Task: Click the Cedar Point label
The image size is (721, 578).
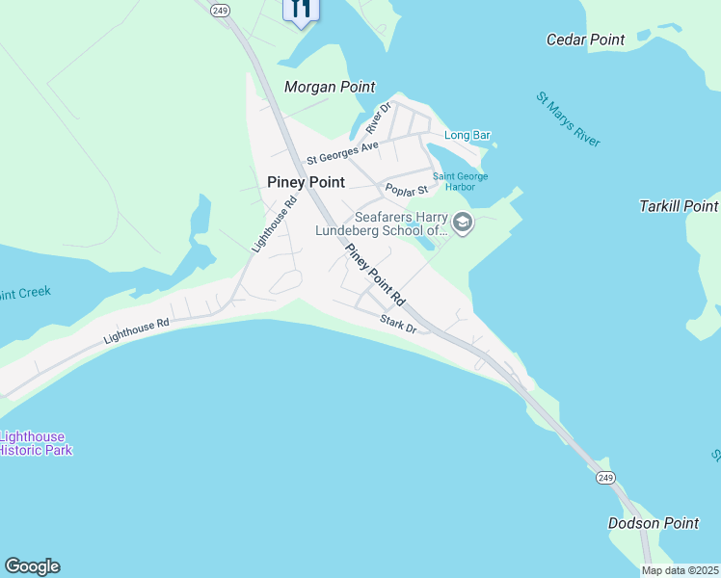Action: point(585,39)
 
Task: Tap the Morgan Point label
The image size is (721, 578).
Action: point(330,87)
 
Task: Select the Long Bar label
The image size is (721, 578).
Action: point(467,136)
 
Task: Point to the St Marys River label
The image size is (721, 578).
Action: point(569,119)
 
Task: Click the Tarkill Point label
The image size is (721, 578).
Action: point(679,206)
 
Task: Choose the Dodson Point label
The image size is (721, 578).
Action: point(654,523)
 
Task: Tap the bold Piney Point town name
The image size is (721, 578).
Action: point(306,182)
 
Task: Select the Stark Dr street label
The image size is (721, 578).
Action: point(397,324)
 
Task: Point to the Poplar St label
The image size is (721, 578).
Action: point(406,191)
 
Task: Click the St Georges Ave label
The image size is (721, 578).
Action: point(342,152)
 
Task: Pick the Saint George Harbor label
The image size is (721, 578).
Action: point(460,182)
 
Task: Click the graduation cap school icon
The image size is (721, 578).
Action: point(462,223)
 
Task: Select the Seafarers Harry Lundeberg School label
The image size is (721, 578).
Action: point(402,223)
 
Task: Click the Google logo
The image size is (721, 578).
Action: point(32,566)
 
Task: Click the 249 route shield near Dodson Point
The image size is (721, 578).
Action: point(604,478)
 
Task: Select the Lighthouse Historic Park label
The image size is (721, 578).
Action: point(35,443)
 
